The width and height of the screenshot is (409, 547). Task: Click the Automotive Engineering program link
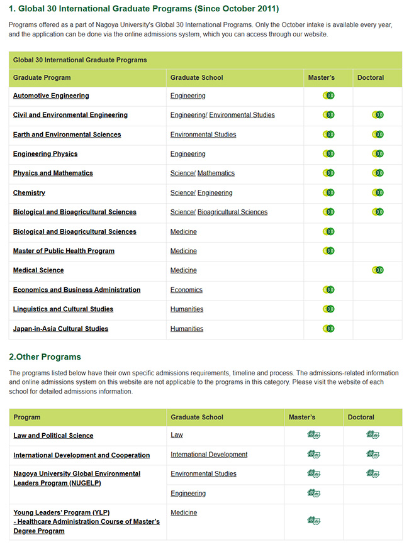click(x=51, y=96)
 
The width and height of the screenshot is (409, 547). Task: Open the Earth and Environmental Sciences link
click(x=67, y=135)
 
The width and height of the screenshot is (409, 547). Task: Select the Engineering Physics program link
click(x=45, y=154)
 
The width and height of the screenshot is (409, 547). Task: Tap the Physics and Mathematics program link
click(x=53, y=173)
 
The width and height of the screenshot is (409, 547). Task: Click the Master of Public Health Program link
click(x=64, y=251)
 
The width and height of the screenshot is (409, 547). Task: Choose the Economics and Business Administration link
click(x=77, y=290)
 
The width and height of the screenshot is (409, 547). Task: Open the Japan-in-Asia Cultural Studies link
click(x=60, y=329)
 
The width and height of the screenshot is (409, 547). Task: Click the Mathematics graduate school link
click(x=216, y=173)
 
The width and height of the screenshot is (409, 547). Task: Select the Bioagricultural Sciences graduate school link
click(x=232, y=212)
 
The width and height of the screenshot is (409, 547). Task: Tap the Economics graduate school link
click(x=186, y=290)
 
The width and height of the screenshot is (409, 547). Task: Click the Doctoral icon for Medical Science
click(x=378, y=270)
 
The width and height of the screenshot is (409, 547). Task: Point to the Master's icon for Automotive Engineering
click(x=328, y=96)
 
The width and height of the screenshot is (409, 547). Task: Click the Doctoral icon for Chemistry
click(x=378, y=192)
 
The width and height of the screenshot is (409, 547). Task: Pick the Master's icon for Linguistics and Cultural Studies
click(x=328, y=309)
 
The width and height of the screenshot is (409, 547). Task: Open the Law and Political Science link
click(x=53, y=436)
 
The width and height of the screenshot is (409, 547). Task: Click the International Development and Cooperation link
click(x=81, y=455)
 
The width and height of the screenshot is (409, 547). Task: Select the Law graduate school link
click(x=177, y=435)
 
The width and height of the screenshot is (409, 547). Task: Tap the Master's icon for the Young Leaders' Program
click(x=313, y=520)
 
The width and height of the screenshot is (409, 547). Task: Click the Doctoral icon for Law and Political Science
click(x=373, y=435)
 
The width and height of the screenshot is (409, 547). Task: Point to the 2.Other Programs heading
click(x=45, y=356)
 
